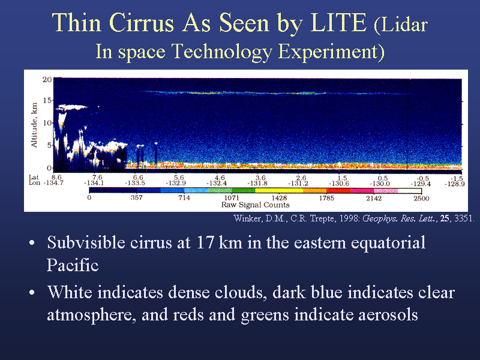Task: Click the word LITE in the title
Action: click(x=338, y=23)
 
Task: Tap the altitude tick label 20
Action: click(x=47, y=80)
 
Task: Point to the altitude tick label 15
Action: click(x=47, y=100)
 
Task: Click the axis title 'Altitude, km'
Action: click(x=34, y=125)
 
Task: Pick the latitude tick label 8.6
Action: click(x=56, y=177)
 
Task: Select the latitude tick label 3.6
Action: click(x=260, y=178)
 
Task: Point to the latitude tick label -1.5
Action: click(x=457, y=178)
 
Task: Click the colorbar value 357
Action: click(x=137, y=198)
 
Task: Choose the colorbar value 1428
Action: click(x=279, y=198)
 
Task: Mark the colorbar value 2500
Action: click(x=422, y=199)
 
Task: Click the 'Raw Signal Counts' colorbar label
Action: click(x=256, y=205)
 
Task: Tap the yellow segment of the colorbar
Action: click(x=279, y=190)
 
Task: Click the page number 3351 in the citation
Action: click(x=464, y=218)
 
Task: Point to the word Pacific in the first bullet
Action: click(x=73, y=265)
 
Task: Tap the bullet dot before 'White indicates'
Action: click(x=32, y=292)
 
